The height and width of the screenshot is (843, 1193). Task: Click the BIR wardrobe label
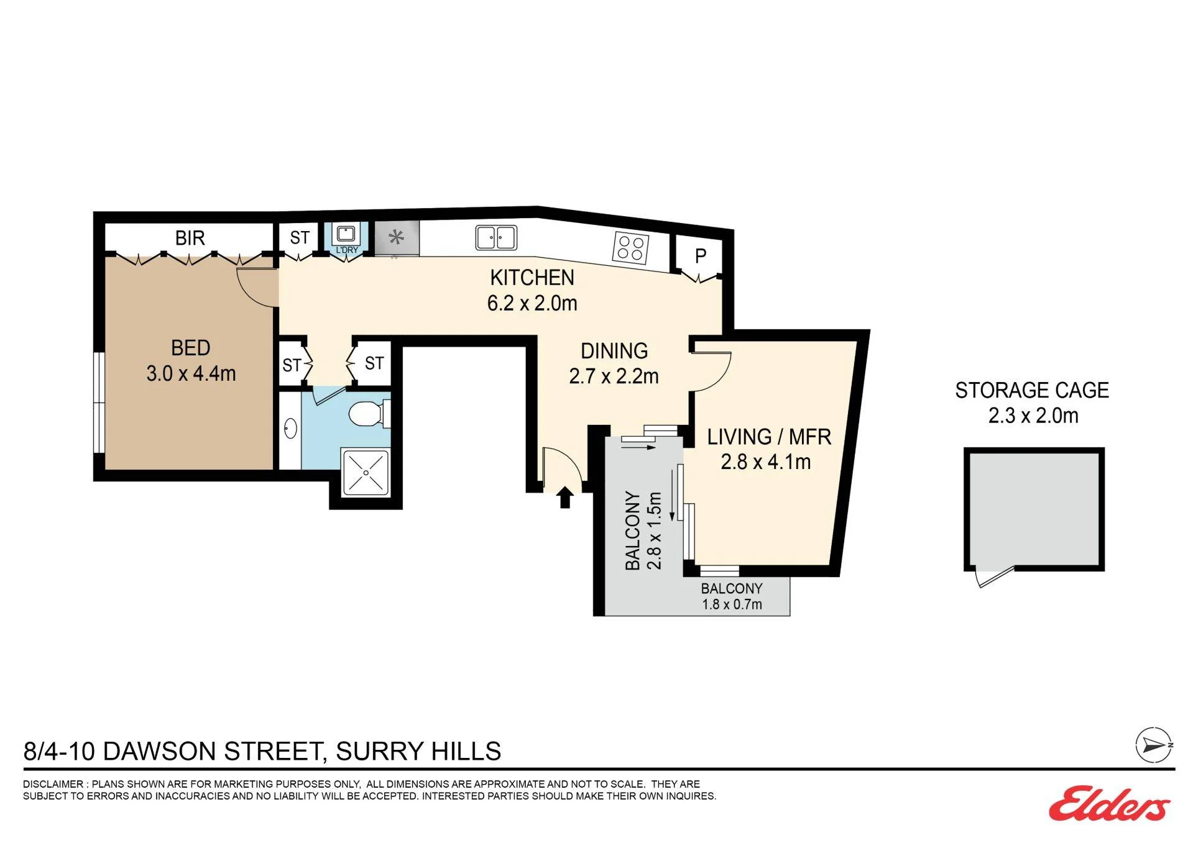190,238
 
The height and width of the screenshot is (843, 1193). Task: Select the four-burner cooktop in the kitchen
630,247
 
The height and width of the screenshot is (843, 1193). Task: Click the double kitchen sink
496,237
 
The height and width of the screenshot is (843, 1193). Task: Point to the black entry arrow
564,497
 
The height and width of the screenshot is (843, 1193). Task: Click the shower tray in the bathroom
366,473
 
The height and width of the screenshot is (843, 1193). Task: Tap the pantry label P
701,256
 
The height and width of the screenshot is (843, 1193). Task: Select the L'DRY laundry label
347,250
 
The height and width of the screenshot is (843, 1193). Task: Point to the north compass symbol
1154,745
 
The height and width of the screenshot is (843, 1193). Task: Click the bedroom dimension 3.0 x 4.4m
191,373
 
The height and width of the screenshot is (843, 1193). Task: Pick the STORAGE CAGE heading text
1032,390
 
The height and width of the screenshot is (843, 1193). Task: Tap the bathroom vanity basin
290,429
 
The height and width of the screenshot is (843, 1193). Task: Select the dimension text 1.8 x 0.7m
732,604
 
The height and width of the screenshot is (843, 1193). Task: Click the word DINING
614,351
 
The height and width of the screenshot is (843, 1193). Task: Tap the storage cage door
993,577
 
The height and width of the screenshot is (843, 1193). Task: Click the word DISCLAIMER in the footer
53,784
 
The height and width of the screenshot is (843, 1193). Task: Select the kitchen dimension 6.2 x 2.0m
532,303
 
